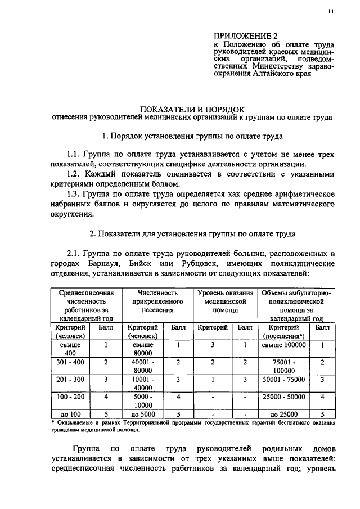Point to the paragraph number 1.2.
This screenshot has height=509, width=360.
76,174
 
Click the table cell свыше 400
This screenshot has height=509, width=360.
70,349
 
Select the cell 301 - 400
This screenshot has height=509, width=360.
70,362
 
